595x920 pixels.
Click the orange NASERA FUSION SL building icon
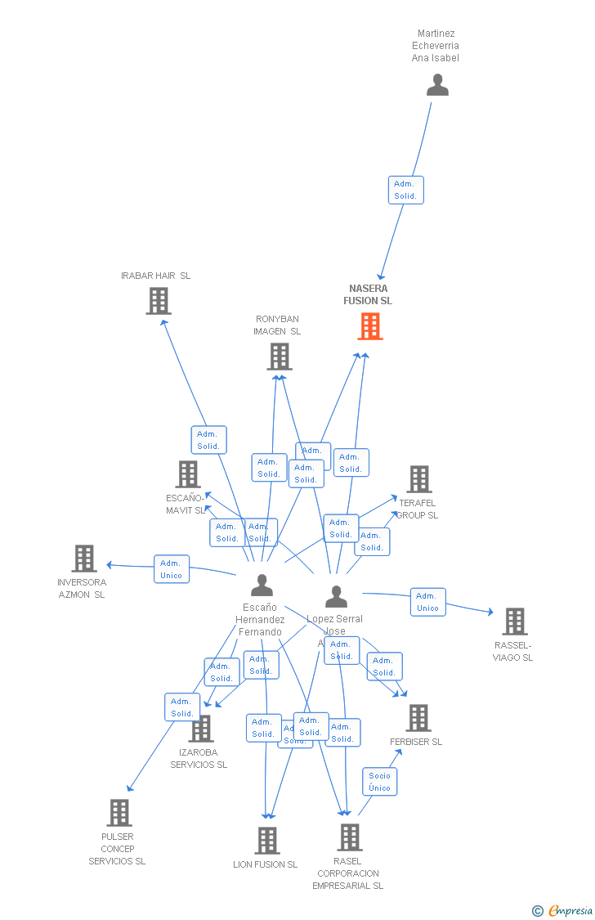[x=370, y=326]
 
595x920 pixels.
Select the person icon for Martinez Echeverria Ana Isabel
[x=438, y=85]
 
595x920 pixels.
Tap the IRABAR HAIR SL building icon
[x=159, y=301]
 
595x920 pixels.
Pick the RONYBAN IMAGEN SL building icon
[x=280, y=357]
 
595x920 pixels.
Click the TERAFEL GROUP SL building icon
[x=418, y=479]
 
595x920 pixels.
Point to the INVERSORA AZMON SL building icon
[x=84, y=559]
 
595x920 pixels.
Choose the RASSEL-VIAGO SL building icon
[x=514, y=622]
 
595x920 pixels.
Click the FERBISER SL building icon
[x=418, y=718]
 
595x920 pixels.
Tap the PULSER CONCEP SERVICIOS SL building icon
[x=119, y=813]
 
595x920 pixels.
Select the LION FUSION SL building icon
[x=267, y=841]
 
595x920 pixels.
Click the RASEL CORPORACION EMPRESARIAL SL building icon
[x=350, y=837]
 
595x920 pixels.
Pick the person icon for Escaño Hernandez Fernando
[x=262, y=586]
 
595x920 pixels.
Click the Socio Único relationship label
[x=380, y=782]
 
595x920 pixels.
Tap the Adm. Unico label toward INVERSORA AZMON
[x=172, y=569]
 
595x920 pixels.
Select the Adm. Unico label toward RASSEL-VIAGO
[x=427, y=602]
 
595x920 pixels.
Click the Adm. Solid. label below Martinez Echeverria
[x=405, y=190]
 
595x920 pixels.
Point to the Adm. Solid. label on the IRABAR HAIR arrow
[x=208, y=440]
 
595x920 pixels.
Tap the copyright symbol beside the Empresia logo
[x=537, y=910]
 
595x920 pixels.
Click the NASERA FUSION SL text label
[x=368, y=294]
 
